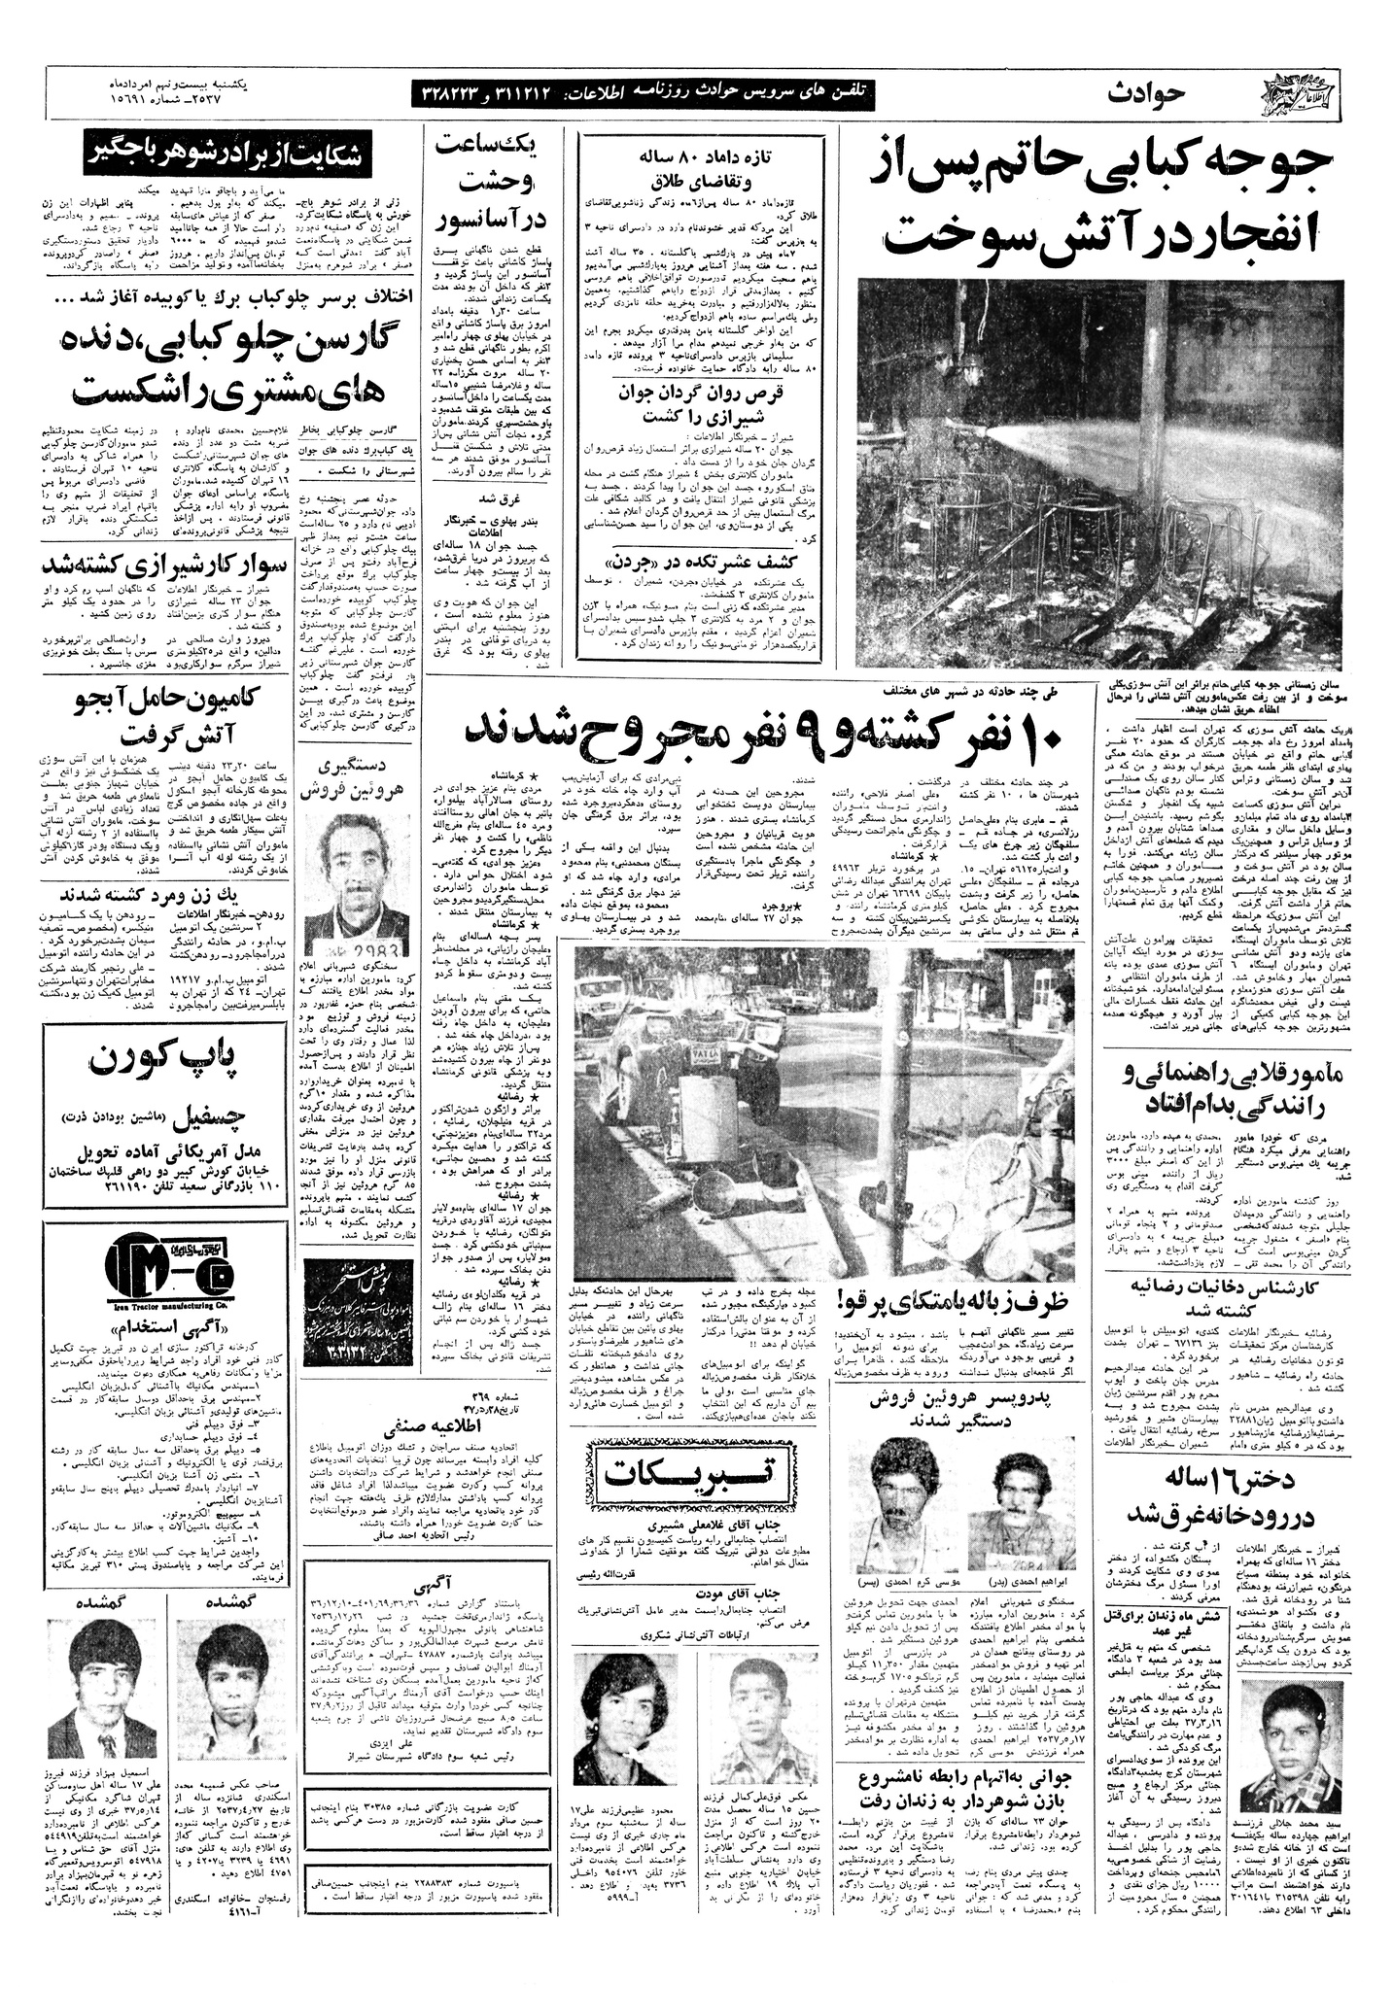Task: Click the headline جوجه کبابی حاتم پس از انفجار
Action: [x=1101, y=199]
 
